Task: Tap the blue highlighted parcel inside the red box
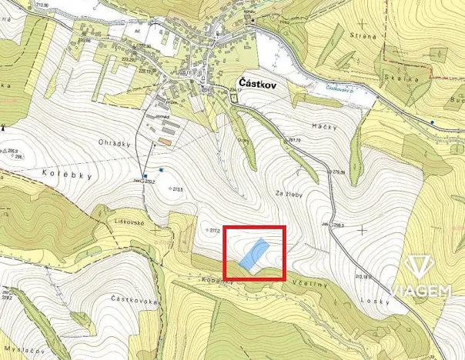pyautogui.click(x=254, y=254)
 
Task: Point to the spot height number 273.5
pyautogui.click(x=181, y=189)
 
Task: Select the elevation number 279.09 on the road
pyautogui.click(x=338, y=172)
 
